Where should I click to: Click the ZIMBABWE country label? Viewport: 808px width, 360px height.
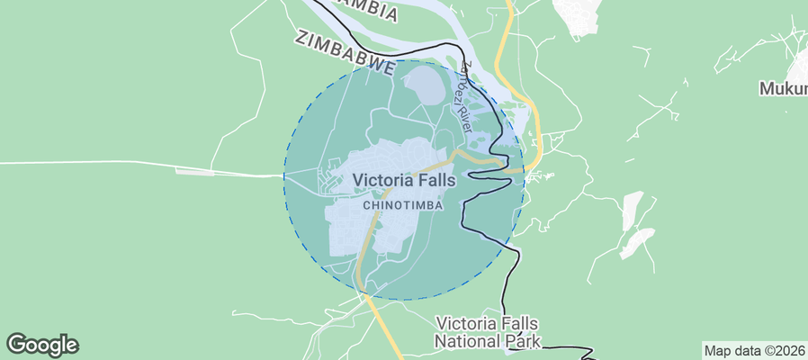pos(346,53)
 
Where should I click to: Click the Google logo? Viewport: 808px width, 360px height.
pos(41,344)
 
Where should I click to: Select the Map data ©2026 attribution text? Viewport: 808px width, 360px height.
pos(753,350)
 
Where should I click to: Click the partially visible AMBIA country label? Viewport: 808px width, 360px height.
pos(364,11)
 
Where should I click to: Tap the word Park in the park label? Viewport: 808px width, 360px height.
pos(525,341)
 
